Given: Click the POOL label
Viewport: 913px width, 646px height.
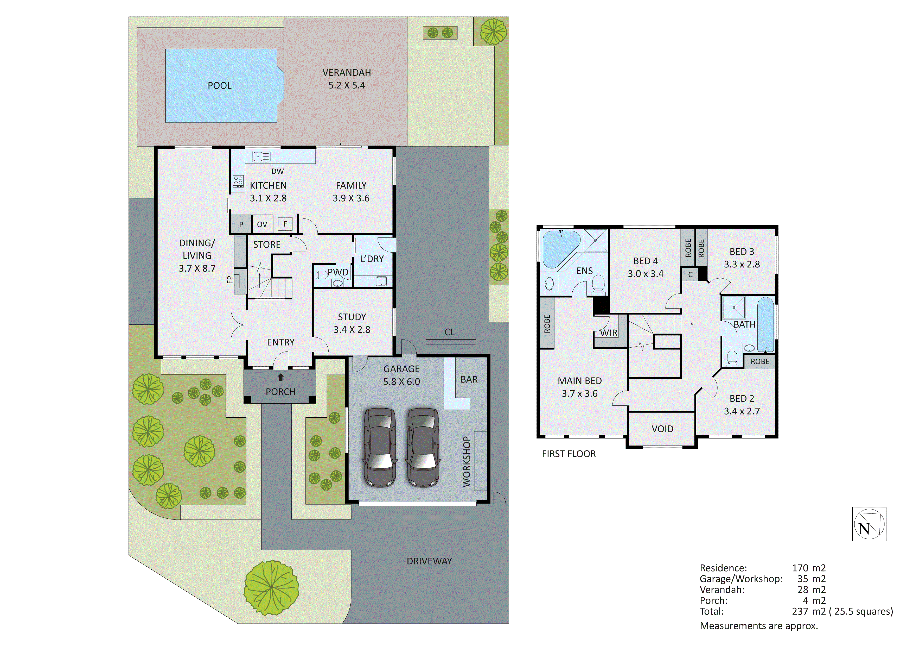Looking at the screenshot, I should pyautogui.click(x=220, y=86).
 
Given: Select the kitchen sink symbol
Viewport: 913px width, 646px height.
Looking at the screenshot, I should pyautogui.click(x=261, y=156).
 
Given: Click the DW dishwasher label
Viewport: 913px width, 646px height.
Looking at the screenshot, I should pyautogui.click(x=278, y=171).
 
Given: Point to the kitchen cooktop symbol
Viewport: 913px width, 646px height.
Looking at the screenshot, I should pyautogui.click(x=238, y=181).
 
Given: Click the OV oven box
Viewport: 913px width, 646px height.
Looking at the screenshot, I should pyautogui.click(x=262, y=224).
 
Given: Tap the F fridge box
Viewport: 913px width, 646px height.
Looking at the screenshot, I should pyautogui.click(x=285, y=224).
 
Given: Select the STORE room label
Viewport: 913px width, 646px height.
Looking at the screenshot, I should pyautogui.click(x=267, y=244).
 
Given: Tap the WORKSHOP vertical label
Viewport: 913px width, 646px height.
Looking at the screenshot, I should pyautogui.click(x=467, y=462).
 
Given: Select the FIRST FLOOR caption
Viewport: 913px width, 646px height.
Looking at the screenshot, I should pyautogui.click(x=569, y=454).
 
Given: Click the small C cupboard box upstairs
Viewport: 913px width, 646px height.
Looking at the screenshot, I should pyautogui.click(x=690, y=275).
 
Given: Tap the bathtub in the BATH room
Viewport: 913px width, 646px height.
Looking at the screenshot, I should pyautogui.click(x=765, y=324).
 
